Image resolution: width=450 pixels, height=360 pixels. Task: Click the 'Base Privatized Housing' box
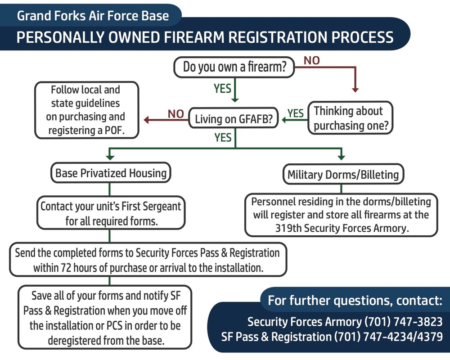111,173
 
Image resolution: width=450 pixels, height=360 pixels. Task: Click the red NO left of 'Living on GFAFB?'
175,114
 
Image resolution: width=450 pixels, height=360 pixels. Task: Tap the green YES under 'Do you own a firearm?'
222,89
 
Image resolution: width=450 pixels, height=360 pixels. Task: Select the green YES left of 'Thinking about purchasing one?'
296,113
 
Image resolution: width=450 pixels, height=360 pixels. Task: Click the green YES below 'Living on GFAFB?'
223,137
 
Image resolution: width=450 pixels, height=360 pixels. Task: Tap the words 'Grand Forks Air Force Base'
93,17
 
